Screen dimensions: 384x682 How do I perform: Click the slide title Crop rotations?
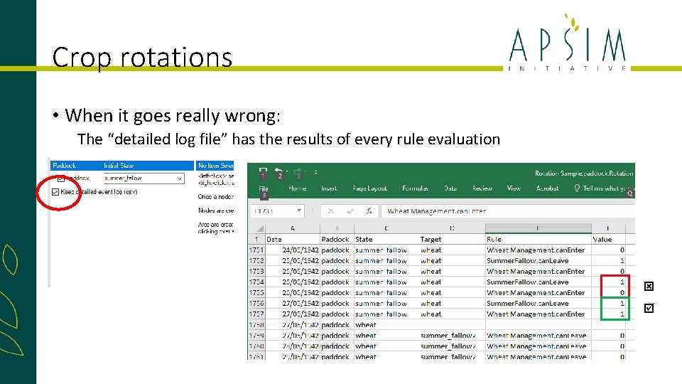pos(142,57)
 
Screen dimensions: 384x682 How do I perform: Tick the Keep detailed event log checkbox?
pos(55,192)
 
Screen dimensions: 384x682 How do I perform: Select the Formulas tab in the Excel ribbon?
pos(415,188)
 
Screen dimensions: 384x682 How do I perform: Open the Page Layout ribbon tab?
pos(369,188)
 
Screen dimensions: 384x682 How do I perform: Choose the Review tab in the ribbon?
pos(482,188)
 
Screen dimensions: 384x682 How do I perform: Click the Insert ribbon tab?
pos(329,188)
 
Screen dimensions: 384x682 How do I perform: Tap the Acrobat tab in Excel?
pos(547,188)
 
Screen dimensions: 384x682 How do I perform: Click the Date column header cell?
pos(274,240)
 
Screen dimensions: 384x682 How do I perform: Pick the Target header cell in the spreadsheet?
pos(431,240)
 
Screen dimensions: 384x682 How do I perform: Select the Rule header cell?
pos(494,240)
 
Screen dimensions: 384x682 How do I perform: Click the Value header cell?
pos(602,240)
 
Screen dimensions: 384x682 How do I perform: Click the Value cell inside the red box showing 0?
pos(622,293)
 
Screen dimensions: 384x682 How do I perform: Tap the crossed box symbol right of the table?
pos(648,287)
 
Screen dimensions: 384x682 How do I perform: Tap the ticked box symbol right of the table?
pos(648,309)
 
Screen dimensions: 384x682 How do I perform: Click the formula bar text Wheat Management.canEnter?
pos(437,211)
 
